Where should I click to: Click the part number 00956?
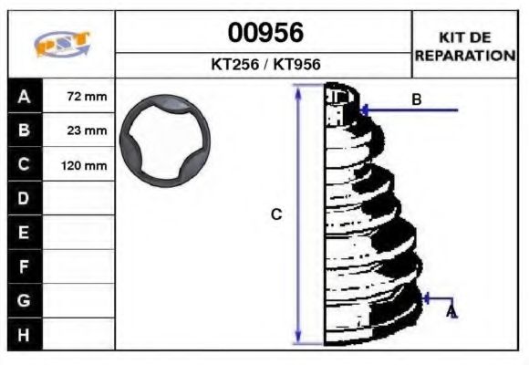point(264,34)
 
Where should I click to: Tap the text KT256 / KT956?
point(264,65)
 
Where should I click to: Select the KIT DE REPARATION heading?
point(465,46)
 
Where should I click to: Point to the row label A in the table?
point(25,95)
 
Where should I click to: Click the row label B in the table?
point(25,130)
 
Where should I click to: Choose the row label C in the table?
point(25,164)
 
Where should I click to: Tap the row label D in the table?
point(25,198)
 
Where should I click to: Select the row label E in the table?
point(25,233)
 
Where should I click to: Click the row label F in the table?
point(25,266)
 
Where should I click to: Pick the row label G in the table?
point(25,300)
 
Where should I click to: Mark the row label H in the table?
point(25,335)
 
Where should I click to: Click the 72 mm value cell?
point(88,96)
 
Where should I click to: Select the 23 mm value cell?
point(88,130)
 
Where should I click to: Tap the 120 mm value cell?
point(84,165)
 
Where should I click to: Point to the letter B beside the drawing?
point(416,99)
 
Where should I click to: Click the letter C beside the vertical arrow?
point(276,214)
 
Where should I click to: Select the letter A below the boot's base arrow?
point(451,312)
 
